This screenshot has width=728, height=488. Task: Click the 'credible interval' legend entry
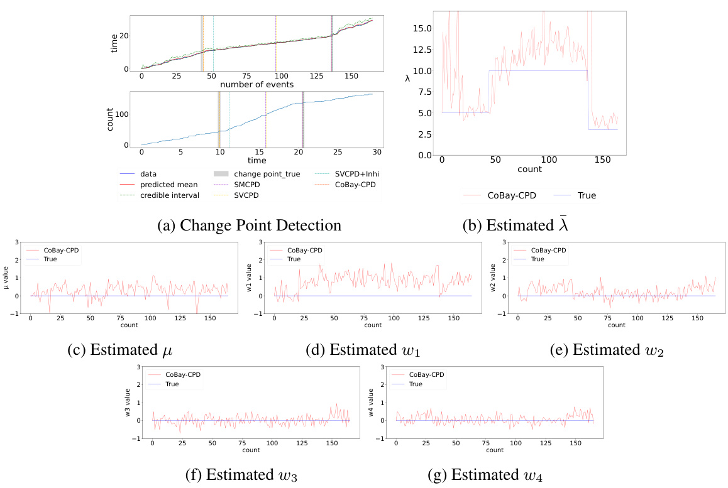tap(168, 195)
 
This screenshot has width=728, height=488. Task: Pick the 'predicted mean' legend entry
tap(167, 183)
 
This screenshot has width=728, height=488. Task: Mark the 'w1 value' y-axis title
tap(250, 278)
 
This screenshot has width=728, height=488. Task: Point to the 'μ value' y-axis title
tap(6, 278)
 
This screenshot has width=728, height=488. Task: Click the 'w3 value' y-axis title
tap(128, 402)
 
